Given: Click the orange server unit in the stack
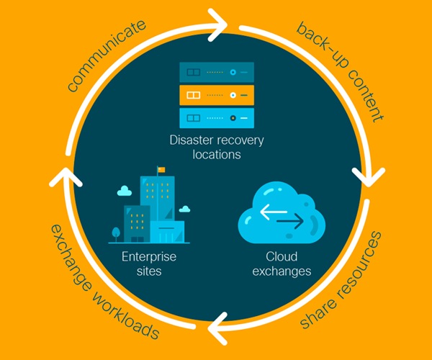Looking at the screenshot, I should click(x=216, y=94).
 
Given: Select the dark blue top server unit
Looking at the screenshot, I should click(x=216, y=73).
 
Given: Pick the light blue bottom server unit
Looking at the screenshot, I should click(x=216, y=116).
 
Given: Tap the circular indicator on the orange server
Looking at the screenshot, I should click(x=233, y=94).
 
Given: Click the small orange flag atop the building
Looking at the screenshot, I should click(x=161, y=170).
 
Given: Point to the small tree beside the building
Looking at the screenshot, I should click(x=116, y=233).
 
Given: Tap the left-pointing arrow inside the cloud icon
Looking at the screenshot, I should click(x=272, y=212).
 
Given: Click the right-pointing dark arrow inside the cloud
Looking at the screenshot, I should click(x=289, y=222).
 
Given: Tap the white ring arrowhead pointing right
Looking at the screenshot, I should click(x=215, y=23).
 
